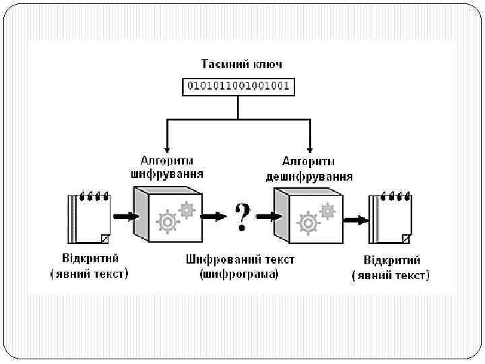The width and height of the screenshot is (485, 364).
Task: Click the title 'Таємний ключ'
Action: (x=242, y=64)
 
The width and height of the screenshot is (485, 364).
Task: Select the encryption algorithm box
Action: (x=168, y=215)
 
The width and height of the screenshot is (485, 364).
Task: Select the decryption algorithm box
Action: (x=308, y=215)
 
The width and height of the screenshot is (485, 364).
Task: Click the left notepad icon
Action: (x=88, y=218)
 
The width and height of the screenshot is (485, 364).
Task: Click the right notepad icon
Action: (x=390, y=218)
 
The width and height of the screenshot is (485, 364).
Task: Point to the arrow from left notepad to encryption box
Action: (x=126, y=217)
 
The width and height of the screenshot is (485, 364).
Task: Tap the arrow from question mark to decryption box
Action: (x=268, y=217)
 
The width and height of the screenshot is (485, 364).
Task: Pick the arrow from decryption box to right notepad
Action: (x=355, y=219)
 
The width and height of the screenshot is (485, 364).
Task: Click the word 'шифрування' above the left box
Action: (x=167, y=174)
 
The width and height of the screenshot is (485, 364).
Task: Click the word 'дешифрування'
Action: (x=309, y=177)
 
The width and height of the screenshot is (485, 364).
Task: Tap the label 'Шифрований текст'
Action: (x=240, y=260)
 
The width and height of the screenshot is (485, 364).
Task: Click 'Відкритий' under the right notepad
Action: (x=391, y=260)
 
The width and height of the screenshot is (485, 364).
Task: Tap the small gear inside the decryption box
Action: (x=327, y=210)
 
